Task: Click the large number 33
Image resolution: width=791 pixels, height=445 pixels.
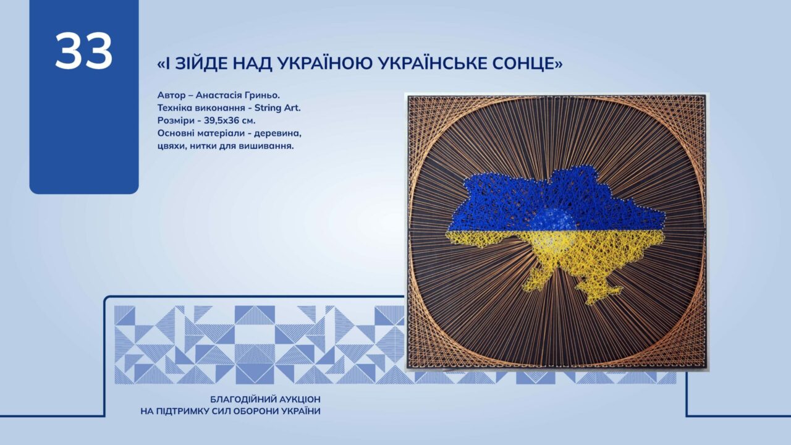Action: (x=83, y=51)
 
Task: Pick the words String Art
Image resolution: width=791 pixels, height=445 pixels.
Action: (x=277, y=108)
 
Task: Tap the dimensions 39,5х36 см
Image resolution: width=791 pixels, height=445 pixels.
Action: (x=229, y=121)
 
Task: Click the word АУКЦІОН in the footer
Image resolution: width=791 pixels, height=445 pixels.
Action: (x=300, y=399)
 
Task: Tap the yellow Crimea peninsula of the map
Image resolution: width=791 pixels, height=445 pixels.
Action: (x=600, y=292)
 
